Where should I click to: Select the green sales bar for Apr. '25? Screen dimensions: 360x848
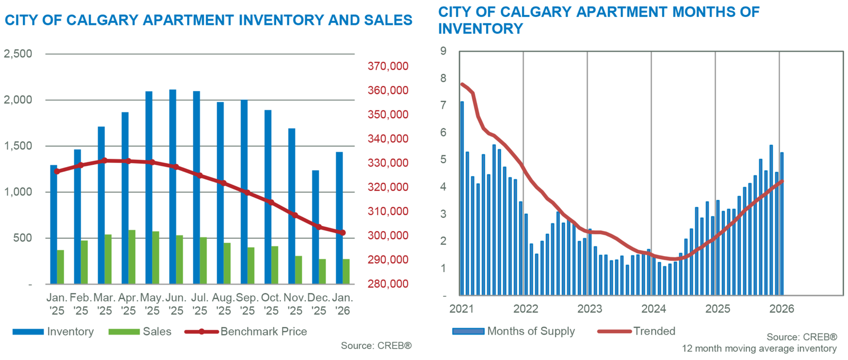pos(131,257)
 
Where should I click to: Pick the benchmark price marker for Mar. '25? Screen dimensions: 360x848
pos(104,160)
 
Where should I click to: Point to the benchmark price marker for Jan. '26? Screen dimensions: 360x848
pos(343,233)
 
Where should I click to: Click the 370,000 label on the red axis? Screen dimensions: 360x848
pos(388,66)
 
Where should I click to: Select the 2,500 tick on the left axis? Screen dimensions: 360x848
pos(18,54)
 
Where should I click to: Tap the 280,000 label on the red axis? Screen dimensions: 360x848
pos(388,284)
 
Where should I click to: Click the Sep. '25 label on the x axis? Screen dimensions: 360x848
pos(248,304)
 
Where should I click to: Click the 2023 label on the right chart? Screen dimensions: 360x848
pos(589,309)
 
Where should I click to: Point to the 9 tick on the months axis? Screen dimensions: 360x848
pos(443,51)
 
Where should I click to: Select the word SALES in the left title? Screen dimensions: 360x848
pos(388,20)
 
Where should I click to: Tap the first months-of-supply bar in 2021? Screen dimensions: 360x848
pos(462,198)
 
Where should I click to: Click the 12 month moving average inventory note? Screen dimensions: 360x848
pos(759,349)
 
